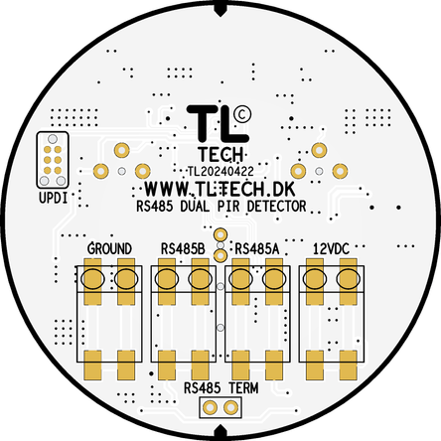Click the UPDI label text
click(54, 198)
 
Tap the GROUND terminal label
click(109, 248)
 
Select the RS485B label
click(183, 248)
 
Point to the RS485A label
click(257, 249)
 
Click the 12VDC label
click(332, 248)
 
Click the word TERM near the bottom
click(243, 387)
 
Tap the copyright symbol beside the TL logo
click(242, 114)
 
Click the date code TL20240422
click(220, 171)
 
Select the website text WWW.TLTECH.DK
click(220, 189)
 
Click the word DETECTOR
click(277, 207)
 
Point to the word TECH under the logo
click(220, 154)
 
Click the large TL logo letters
click(218, 123)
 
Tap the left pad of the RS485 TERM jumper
click(210, 407)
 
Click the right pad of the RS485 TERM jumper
click(230, 407)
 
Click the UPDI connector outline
click(37, 160)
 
